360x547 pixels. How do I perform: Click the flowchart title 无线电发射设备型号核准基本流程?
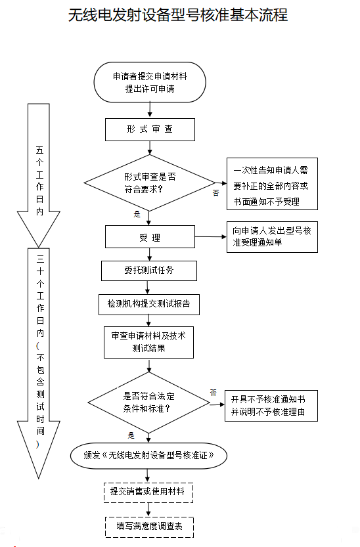[178, 15]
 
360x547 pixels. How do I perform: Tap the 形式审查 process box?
[150, 129]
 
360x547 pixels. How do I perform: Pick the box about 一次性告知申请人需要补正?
[271, 185]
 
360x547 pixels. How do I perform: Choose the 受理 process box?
[150, 238]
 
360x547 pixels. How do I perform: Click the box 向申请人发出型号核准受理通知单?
[271, 237]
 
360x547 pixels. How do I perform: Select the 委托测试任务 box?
[150, 270]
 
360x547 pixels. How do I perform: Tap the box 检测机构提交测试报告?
[149, 304]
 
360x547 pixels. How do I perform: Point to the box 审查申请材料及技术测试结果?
[149, 341]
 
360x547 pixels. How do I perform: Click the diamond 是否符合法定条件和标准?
[149, 402]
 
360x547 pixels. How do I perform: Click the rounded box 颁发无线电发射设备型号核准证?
[150, 454]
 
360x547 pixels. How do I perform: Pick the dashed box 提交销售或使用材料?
[149, 491]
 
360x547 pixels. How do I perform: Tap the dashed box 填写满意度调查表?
[149, 526]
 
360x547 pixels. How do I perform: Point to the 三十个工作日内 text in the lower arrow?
[40, 295]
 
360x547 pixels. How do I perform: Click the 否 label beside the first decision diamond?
[215, 192]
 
